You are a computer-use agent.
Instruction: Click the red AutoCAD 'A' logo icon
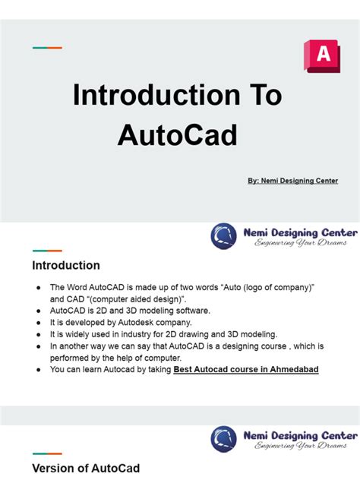click(x=321, y=56)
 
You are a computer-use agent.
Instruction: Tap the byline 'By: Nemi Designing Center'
click(x=292, y=181)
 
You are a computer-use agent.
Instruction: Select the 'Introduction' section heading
click(x=65, y=266)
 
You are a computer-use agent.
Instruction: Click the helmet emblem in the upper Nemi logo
click(x=224, y=236)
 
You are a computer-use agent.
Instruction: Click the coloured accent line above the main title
click(x=47, y=48)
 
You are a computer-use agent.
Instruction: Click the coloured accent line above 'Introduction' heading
click(x=47, y=251)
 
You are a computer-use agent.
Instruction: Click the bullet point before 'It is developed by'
click(x=38, y=323)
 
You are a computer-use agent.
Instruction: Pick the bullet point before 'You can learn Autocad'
click(x=38, y=370)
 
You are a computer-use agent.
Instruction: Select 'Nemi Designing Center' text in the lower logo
click(x=300, y=435)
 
